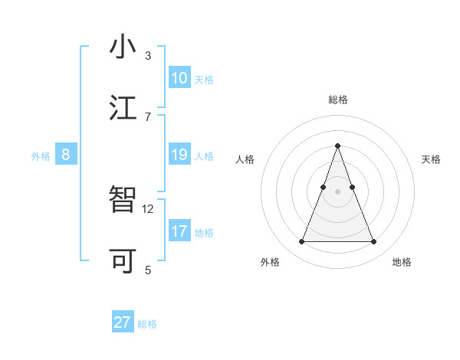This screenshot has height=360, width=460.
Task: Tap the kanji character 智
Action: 123,200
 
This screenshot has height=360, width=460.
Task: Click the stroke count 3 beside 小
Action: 148,56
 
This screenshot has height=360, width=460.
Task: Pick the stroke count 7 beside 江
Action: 148,116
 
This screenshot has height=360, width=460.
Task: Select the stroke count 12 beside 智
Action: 148,208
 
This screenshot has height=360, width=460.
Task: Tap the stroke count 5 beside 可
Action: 148,270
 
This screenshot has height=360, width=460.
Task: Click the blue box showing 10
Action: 179,78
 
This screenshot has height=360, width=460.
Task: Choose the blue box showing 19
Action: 179,155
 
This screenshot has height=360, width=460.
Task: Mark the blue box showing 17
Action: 179,231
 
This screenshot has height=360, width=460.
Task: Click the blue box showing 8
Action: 65,155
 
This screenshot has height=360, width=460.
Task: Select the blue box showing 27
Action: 123,322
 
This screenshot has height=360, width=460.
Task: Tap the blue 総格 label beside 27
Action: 147,324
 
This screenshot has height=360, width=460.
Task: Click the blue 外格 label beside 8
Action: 41,156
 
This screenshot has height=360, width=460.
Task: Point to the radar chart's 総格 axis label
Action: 337,100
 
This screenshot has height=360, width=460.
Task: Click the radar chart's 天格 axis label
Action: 432,159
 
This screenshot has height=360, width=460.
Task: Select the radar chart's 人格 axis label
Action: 245,159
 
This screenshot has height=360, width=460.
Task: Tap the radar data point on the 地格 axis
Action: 374,242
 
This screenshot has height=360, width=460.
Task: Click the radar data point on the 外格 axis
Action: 301,242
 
